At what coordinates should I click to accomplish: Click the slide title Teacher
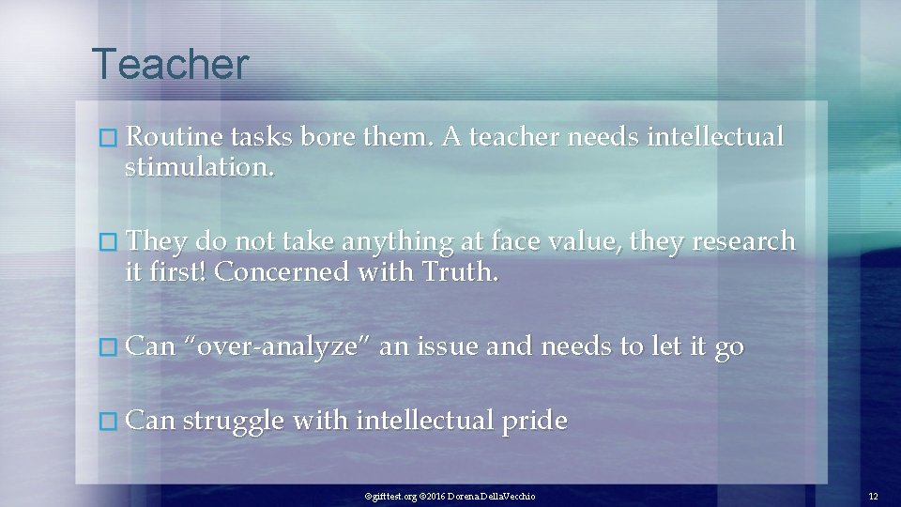[171, 65]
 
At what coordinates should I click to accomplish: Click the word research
[743, 241]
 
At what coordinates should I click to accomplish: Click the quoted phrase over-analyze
[276, 346]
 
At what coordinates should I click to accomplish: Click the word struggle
[232, 422]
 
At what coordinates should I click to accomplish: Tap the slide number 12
[873, 495]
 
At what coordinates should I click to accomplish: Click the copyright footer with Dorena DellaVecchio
[450, 495]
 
